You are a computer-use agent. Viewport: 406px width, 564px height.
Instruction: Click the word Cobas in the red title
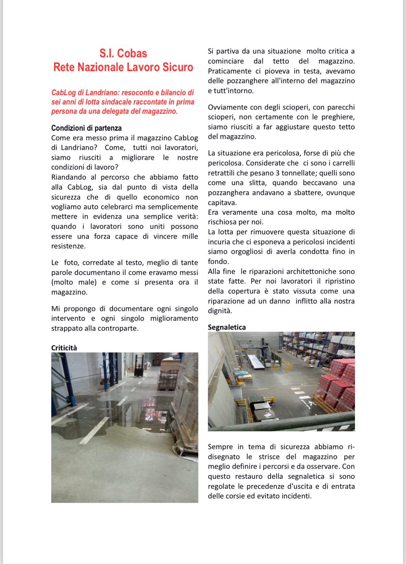click(x=132, y=53)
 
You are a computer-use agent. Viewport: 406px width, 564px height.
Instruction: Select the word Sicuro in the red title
click(x=177, y=67)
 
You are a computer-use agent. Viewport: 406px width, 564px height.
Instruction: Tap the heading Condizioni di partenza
click(x=86, y=128)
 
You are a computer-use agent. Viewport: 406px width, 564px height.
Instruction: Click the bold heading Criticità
click(x=64, y=348)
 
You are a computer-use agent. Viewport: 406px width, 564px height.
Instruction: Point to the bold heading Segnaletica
click(x=227, y=327)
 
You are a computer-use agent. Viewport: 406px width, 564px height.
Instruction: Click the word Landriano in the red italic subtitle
click(x=102, y=93)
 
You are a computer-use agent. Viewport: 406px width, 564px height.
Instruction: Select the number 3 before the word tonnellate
click(x=278, y=173)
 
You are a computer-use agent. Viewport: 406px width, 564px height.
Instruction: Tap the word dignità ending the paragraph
click(x=220, y=311)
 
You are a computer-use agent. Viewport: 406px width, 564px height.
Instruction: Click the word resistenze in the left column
click(x=68, y=246)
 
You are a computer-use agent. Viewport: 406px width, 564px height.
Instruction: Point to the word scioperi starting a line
click(x=220, y=117)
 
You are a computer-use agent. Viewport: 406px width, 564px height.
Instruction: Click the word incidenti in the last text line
click(x=296, y=496)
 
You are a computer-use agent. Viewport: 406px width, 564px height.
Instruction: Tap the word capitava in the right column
click(x=221, y=202)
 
